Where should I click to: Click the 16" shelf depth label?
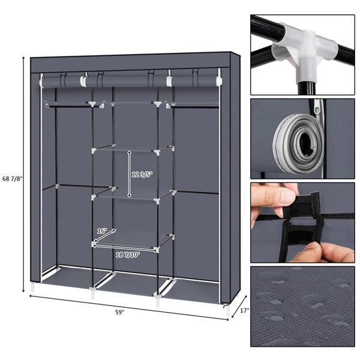click(x=102, y=230)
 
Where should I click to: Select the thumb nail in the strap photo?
click(x=286, y=196)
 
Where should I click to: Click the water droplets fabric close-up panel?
click(x=302, y=307)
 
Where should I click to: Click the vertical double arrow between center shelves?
click(x=129, y=174)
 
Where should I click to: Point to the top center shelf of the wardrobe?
click(x=132, y=105)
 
